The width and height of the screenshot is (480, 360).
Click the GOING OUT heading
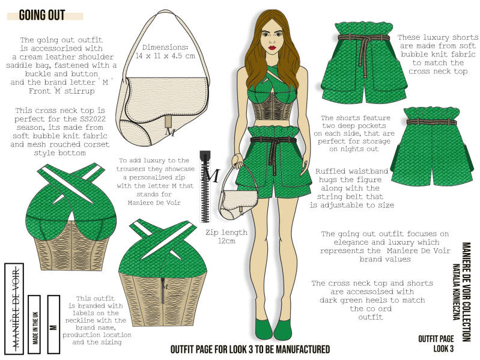coord(42,15)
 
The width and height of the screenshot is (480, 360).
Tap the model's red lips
coord(272,47)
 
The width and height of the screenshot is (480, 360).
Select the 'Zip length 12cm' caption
coord(226,236)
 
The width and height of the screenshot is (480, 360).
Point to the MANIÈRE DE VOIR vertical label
coord(14,308)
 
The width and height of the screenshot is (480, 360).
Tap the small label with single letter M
coord(53,324)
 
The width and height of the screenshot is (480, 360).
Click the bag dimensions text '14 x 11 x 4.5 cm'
coord(165,56)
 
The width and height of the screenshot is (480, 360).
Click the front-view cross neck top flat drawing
coord(71,216)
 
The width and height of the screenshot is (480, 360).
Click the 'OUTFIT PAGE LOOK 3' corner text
coord(436,343)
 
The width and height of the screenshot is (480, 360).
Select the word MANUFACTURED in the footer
coord(302,349)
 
